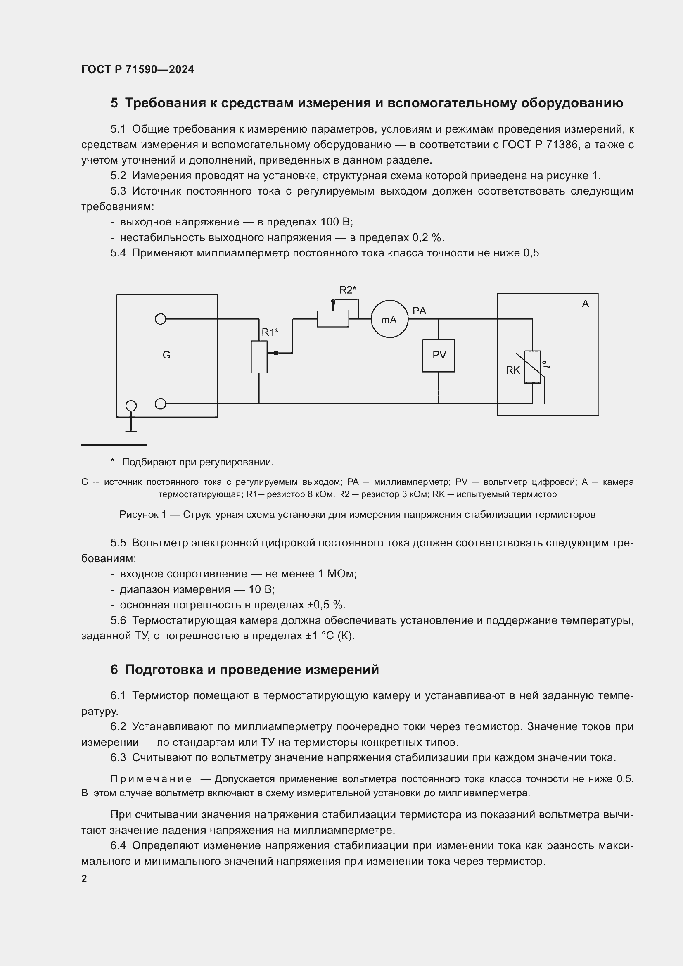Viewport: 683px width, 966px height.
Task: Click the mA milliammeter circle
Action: [x=389, y=319]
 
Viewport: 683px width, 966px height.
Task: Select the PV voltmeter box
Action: [x=439, y=356]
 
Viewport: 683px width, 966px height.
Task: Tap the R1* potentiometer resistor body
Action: [x=259, y=357]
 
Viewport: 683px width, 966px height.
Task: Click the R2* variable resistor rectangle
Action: [x=333, y=319]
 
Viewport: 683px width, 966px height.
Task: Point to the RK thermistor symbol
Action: [x=532, y=367]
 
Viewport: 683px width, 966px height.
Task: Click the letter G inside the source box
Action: [x=166, y=355]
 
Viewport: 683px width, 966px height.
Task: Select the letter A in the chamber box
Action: [x=585, y=304]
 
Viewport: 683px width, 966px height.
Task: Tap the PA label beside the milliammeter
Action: [x=419, y=311]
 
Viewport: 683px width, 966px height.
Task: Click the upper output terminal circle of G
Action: [x=160, y=319]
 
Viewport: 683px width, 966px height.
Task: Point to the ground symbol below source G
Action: [x=131, y=429]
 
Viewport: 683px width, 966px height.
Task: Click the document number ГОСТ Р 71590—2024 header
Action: [x=138, y=69]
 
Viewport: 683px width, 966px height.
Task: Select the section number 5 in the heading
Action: [x=114, y=103]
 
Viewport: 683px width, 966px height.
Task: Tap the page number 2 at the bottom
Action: [x=84, y=878]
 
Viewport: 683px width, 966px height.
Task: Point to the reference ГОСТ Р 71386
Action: [x=538, y=145]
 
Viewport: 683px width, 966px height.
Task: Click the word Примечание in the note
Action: [x=151, y=779]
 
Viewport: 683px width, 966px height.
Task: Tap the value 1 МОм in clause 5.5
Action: [x=337, y=574]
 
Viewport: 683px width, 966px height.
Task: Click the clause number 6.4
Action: [x=118, y=846]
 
